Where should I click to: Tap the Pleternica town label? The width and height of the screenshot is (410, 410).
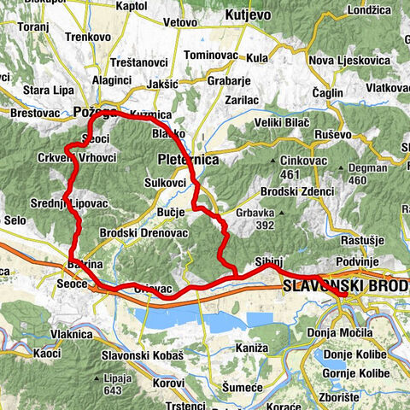click(189, 160)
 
